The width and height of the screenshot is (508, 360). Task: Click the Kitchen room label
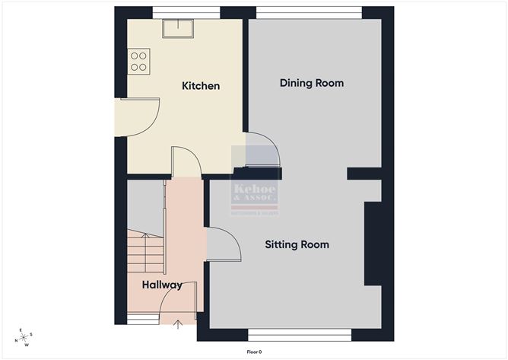click(x=201, y=86)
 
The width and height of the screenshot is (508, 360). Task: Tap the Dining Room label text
click(x=312, y=83)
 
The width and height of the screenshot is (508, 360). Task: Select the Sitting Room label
click(x=297, y=244)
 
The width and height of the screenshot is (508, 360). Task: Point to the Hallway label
click(x=162, y=285)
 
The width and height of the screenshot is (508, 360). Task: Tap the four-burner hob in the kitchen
click(x=138, y=60)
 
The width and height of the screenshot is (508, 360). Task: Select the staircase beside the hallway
click(x=145, y=251)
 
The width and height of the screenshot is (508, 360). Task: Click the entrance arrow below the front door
click(x=178, y=326)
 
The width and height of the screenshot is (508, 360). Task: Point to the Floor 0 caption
click(x=254, y=352)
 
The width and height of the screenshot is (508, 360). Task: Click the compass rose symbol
click(x=26, y=337)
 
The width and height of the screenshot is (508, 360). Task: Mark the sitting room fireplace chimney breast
click(x=373, y=243)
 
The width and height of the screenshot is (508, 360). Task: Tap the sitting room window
click(x=299, y=333)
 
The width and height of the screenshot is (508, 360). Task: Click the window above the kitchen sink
click(x=186, y=12)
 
